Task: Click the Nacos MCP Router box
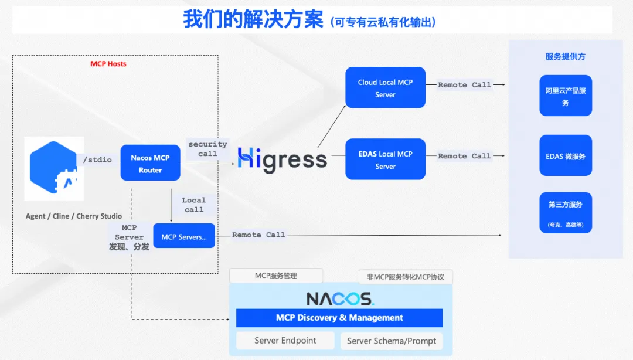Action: (150, 163)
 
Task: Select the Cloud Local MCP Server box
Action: (385, 88)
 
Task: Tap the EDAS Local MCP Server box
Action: (385, 159)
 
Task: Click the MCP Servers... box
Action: (184, 236)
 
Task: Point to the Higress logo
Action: (282, 159)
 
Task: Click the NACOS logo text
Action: (340, 299)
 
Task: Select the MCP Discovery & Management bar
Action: (339, 318)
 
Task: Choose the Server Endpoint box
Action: (285, 341)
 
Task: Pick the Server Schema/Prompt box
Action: (392, 341)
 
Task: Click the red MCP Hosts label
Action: (108, 64)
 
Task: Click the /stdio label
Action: (97, 159)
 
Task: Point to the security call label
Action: (207, 149)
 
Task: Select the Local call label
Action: (194, 205)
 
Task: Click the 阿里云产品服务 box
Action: (566, 96)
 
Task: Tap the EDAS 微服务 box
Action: (566, 155)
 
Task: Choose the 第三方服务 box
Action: (566, 213)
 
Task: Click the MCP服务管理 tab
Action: (276, 276)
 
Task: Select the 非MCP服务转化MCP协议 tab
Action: (406, 277)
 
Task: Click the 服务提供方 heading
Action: (565, 56)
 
